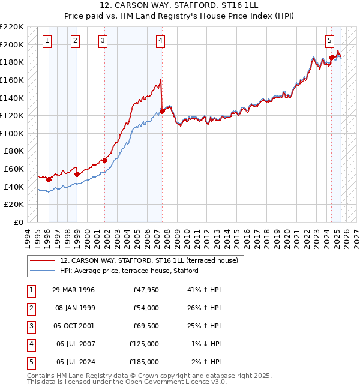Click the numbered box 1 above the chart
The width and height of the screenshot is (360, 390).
pos(47,41)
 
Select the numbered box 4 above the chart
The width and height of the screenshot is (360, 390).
pos(161,41)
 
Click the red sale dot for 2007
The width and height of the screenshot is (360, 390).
pos(162,110)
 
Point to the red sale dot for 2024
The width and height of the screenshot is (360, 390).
pos(331,58)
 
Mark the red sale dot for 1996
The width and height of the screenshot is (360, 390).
pos(49,179)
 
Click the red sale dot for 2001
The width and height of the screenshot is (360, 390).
pos(104,160)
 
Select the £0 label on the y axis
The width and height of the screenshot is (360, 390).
pos(17,222)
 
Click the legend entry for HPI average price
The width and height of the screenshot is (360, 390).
pos(128,271)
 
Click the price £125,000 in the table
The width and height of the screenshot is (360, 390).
pos(144,344)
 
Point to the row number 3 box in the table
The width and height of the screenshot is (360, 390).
pos(30,326)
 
